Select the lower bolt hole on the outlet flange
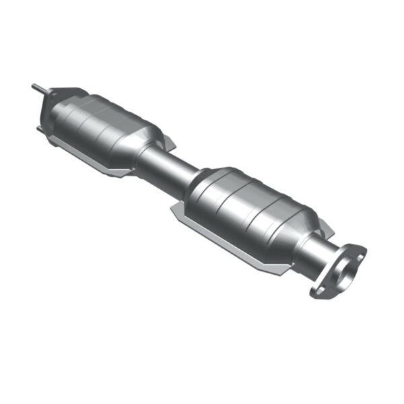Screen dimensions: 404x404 point(318,291)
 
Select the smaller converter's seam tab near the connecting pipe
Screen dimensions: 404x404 point(168,142)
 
